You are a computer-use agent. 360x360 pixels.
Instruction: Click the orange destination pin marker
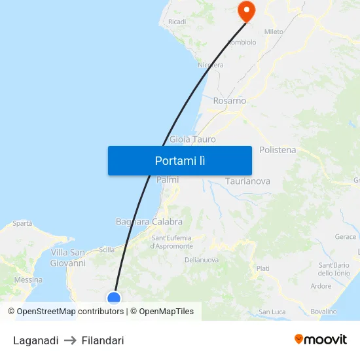coord(247,10)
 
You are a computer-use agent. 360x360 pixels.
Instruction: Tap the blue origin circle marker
coord(114,298)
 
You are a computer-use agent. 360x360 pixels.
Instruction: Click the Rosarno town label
coord(230,101)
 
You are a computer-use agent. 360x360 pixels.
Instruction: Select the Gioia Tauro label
coord(192,139)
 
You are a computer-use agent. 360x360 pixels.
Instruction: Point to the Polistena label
coord(278,150)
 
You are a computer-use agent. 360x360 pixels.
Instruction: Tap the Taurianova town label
coord(247,181)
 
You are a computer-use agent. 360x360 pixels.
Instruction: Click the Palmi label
coord(168,179)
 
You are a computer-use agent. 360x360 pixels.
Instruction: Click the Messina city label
coord(28,280)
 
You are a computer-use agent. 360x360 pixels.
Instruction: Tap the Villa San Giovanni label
coord(68,258)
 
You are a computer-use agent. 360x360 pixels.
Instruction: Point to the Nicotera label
coord(211,65)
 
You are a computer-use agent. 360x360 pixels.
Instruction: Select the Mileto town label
coord(274,31)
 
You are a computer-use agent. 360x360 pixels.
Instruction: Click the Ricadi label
coord(177,22)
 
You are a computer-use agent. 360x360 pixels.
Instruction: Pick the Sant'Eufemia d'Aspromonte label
coord(171,242)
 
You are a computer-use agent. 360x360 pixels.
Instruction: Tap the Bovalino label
coord(323,312)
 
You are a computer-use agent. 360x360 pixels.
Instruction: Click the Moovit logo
coord(320,339)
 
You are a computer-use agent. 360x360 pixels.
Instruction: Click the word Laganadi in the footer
coord(36,340)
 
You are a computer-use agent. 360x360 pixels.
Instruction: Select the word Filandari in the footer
coord(103,340)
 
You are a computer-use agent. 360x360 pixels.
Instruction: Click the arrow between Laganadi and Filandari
coord(70,340)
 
